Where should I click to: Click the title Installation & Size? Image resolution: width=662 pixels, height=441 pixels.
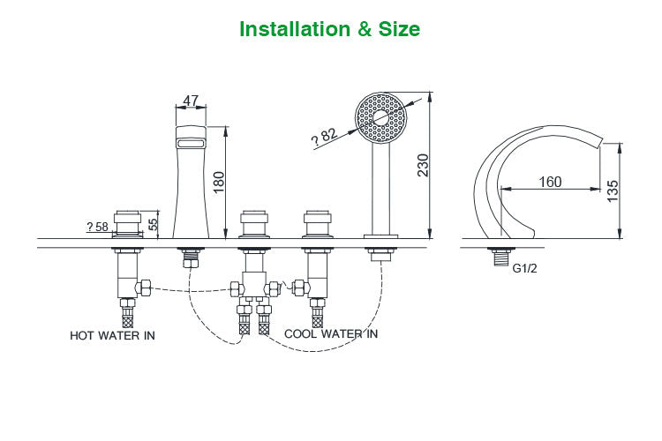[x=330, y=29]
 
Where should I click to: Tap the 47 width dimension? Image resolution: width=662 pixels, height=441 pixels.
[x=191, y=101]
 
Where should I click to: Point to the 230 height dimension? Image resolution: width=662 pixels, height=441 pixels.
[x=422, y=164]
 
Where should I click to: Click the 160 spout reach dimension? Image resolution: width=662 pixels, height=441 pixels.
[x=550, y=182]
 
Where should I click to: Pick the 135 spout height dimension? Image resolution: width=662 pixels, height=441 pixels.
[x=613, y=191]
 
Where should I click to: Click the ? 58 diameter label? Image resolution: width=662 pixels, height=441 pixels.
[x=97, y=227]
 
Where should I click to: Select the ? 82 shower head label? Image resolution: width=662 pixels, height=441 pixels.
[x=325, y=135]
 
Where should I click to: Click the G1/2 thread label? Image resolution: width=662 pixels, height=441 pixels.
[x=525, y=268]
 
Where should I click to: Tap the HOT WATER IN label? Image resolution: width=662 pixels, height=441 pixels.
[x=112, y=335]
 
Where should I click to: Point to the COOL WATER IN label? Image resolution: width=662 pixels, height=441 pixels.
[x=331, y=333]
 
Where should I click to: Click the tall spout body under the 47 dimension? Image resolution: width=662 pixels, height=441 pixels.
[x=191, y=185]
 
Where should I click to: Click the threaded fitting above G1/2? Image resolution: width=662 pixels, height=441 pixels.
[x=499, y=258]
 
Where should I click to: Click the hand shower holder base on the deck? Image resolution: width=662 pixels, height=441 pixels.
[x=381, y=235]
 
